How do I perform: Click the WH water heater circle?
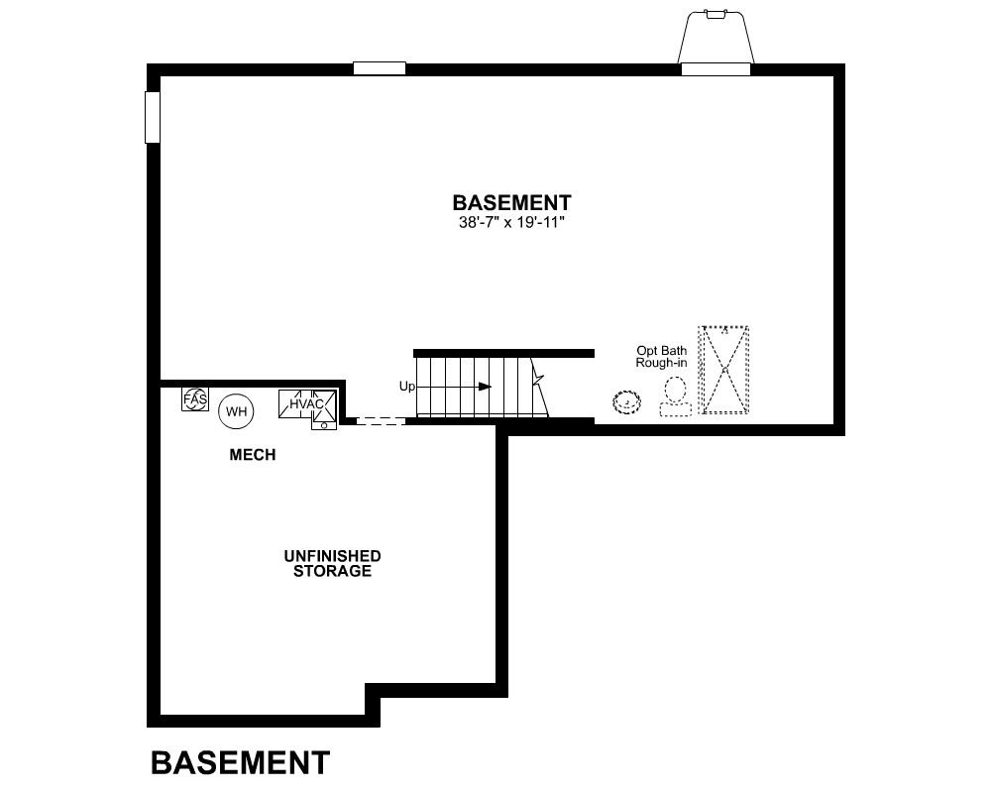tap(237, 411)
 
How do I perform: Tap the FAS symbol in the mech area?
tap(194, 399)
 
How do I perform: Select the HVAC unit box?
tap(308, 404)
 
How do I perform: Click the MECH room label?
tap(253, 455)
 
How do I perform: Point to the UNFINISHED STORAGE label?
tap(332, 563)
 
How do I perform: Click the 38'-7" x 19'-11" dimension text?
tap(511, 223)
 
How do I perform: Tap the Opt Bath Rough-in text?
tap(661, 357)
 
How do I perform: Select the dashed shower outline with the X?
tap(723, 370)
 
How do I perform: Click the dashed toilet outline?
tap(676, 396)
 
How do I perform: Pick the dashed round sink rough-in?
tap(627, 402)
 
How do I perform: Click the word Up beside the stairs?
tap(407, 386)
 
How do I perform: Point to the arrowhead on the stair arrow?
tap(485, 387)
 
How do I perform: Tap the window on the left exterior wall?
tap(153, 117)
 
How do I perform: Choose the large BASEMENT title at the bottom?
tap(240, 762)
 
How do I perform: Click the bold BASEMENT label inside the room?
tap(512, 203)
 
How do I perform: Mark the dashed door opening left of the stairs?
tap(381, 420)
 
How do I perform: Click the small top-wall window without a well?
tap(380, 68)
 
